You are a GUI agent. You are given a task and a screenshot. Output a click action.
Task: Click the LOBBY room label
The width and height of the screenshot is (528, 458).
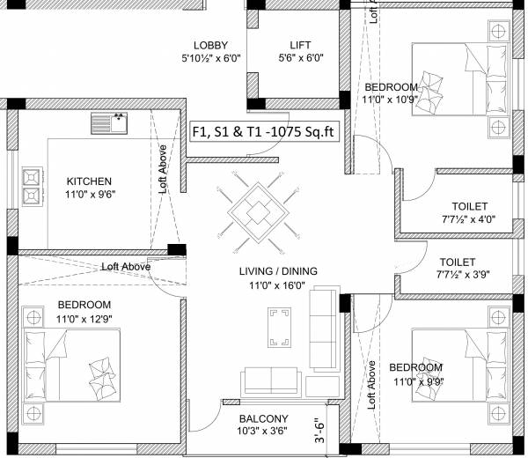pos(211,45)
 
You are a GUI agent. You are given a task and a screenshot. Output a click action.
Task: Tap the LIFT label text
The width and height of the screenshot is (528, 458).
pos(300,45)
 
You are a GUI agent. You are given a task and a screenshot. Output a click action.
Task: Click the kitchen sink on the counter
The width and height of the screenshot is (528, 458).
pos(109,123)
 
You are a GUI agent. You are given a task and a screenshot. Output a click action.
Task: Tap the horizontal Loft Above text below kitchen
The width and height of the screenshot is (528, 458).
pos(125,266)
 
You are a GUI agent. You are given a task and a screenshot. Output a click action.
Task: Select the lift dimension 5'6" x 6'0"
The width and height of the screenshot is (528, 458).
pos(301,60)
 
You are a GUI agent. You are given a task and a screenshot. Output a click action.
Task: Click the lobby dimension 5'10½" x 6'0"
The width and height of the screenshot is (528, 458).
pos(211,60)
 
